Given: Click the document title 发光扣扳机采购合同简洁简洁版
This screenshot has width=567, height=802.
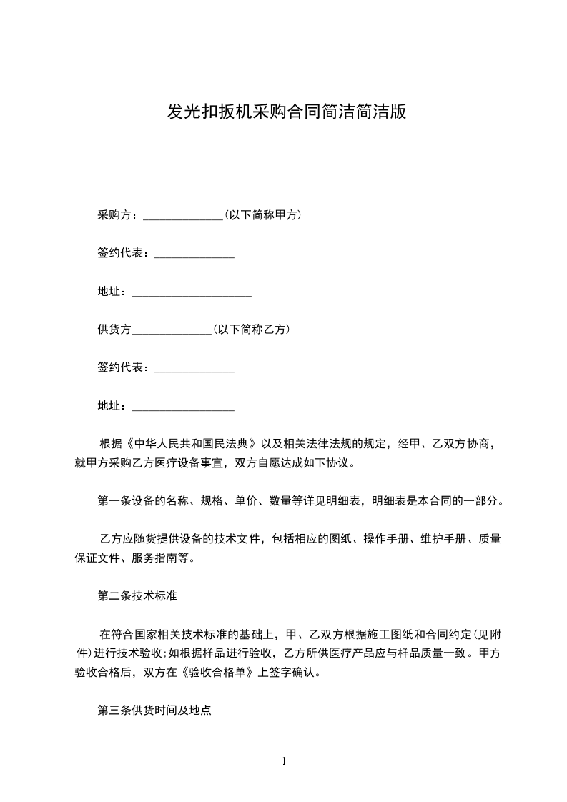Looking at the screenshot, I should (x=287, y=112).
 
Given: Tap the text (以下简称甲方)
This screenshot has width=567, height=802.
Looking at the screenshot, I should (x=261, y=214).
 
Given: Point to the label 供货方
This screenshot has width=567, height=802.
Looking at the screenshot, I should (x=114, y=330).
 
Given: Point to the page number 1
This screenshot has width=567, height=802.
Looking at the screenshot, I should (x=284, y=761).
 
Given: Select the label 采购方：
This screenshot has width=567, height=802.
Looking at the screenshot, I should (x=120, y=214).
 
